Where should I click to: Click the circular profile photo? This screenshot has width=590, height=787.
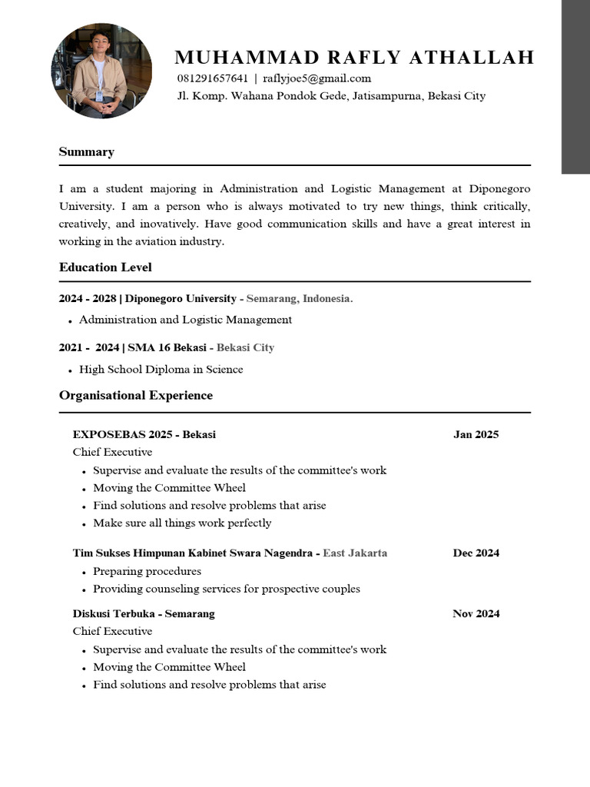point(101,71)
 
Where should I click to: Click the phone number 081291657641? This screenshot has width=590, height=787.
point(213,78)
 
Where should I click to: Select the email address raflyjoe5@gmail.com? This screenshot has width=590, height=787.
point(317,78)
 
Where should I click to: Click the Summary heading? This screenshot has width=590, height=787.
point(87,152)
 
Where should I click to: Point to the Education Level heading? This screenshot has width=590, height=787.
point(105,267)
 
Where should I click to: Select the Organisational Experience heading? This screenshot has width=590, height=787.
point(136,396)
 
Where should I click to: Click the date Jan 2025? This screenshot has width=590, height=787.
point(476,434)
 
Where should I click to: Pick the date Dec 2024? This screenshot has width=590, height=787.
point(476,553)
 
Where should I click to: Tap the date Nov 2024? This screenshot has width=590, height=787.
point(476,613)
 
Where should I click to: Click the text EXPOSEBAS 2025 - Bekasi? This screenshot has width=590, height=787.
point(144,434)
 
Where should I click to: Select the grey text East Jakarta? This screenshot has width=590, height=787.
point(355,553)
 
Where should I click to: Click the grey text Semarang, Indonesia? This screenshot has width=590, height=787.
point(300,298)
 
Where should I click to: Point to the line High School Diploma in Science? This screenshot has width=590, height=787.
point(161,370)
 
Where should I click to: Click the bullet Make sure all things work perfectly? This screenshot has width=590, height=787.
point(182,523)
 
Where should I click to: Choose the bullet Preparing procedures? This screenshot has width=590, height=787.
point(147,572)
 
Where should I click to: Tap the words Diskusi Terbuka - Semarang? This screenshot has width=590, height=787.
point(144,613)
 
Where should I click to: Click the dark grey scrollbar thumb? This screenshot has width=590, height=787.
point(575,87)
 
